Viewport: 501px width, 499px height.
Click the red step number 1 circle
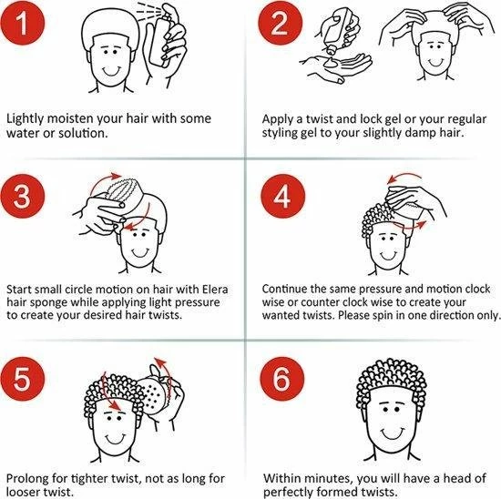(x=22, y=23)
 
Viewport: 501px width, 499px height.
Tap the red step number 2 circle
(x=281, y=23)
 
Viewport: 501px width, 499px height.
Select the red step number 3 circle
(x=22, y=196)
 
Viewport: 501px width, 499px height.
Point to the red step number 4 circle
(x=282, y=196)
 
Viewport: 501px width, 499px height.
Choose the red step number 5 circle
(x=22, y=379)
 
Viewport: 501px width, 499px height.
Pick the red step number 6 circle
(x=281, y=379)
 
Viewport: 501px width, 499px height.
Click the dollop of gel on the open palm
(x=331, y=63)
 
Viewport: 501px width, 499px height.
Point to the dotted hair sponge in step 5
(x=155, y=395)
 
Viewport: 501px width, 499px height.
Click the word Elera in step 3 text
(x=215, y=290)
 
